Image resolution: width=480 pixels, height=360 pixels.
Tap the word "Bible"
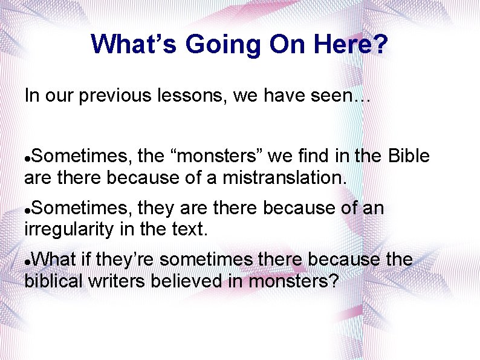(408, 157)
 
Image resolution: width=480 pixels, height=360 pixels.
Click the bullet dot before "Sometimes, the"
(27, 158)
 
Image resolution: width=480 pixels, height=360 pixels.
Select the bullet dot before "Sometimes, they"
(27, 209)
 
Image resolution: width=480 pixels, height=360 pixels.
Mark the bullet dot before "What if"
(27, 261)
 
